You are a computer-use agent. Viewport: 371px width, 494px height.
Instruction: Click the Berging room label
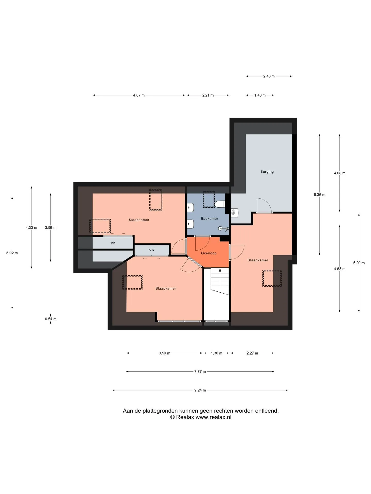pos(267,172)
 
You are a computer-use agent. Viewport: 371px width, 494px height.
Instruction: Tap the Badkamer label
pos(209,219)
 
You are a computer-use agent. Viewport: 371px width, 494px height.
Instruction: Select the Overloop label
pos(209,253)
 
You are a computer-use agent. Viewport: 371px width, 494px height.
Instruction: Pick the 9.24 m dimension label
pos(200,390)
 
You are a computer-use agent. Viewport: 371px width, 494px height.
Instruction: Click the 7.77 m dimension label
pos(200,372)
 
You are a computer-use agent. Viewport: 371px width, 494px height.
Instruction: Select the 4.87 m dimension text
pos(139,95)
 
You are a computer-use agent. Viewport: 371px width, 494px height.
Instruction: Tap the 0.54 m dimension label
pos(50,319)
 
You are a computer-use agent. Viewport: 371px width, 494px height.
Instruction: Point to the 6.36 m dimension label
pos(319,195)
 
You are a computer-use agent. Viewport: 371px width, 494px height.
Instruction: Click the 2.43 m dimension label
pos(269,76)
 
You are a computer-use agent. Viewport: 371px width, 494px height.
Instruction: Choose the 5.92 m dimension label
pos(12,253)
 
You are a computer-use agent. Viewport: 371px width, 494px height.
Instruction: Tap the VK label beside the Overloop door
pos(152,250)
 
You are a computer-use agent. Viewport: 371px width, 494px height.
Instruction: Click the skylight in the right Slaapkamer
pos(272,278)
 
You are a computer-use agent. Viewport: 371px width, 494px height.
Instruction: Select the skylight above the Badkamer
pos(209,199)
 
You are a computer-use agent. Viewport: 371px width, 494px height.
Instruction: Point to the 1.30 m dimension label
pos(216,353)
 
